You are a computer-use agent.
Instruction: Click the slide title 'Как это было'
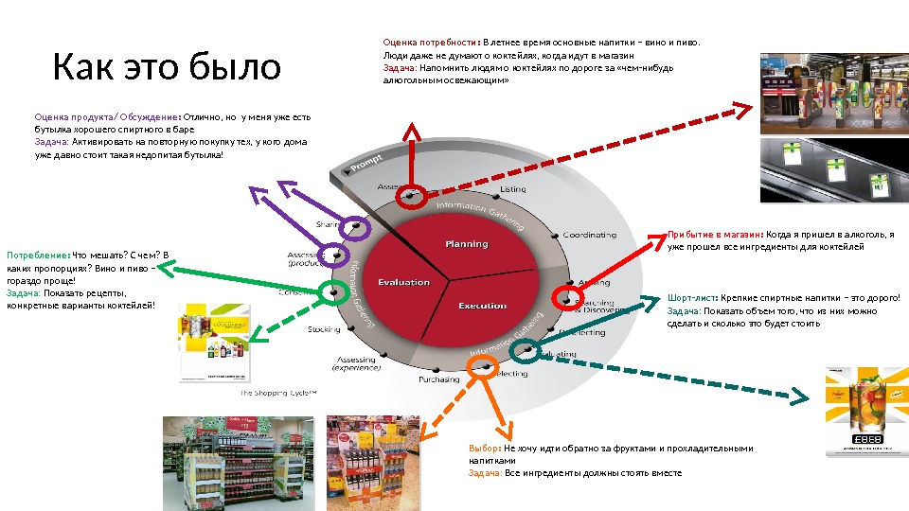167,67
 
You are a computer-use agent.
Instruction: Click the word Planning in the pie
467,244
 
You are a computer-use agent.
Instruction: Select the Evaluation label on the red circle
404,282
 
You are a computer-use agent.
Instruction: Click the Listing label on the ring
512,189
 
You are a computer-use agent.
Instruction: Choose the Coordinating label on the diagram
589,235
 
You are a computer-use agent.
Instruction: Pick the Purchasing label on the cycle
439,379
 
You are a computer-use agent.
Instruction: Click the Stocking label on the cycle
324,329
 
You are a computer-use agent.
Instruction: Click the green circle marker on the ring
331,291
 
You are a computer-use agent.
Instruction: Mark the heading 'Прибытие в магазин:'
715,234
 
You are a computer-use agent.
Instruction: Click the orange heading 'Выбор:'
485,449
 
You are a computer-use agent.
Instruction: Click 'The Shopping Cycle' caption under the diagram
277,393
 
